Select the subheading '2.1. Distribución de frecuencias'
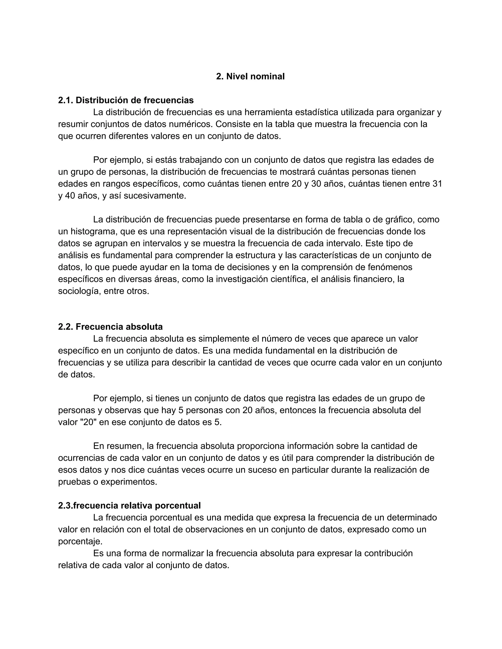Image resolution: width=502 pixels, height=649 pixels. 126,100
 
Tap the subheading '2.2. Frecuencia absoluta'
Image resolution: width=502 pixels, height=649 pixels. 110,326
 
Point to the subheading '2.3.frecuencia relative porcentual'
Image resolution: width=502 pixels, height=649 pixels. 129,505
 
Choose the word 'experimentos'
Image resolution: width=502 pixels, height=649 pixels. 129,481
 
